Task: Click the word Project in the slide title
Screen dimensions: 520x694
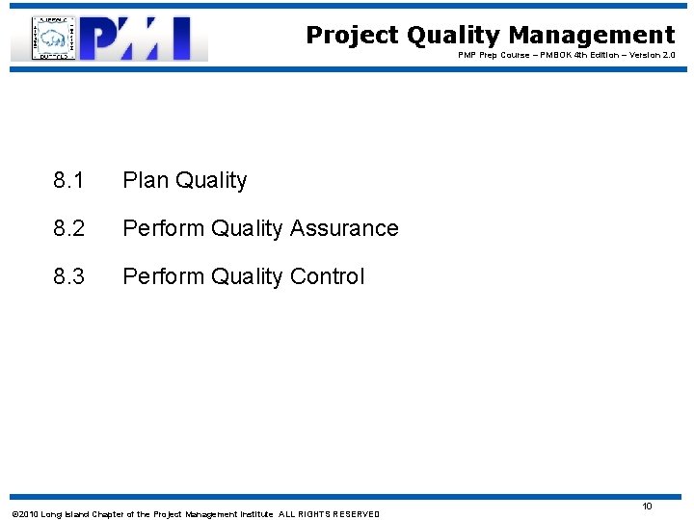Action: coord(352,36)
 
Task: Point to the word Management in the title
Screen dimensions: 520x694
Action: coord(592,36)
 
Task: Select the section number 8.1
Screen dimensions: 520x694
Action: coord(69,180)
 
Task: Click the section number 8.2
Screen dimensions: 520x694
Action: coord(69,228)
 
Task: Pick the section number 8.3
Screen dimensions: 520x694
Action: coord(69,276)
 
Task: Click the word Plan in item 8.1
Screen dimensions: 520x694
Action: coord(144,180)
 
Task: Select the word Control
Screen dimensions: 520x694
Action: coord(328,276)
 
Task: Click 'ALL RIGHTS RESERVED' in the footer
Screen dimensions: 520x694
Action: coord(330,514)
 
